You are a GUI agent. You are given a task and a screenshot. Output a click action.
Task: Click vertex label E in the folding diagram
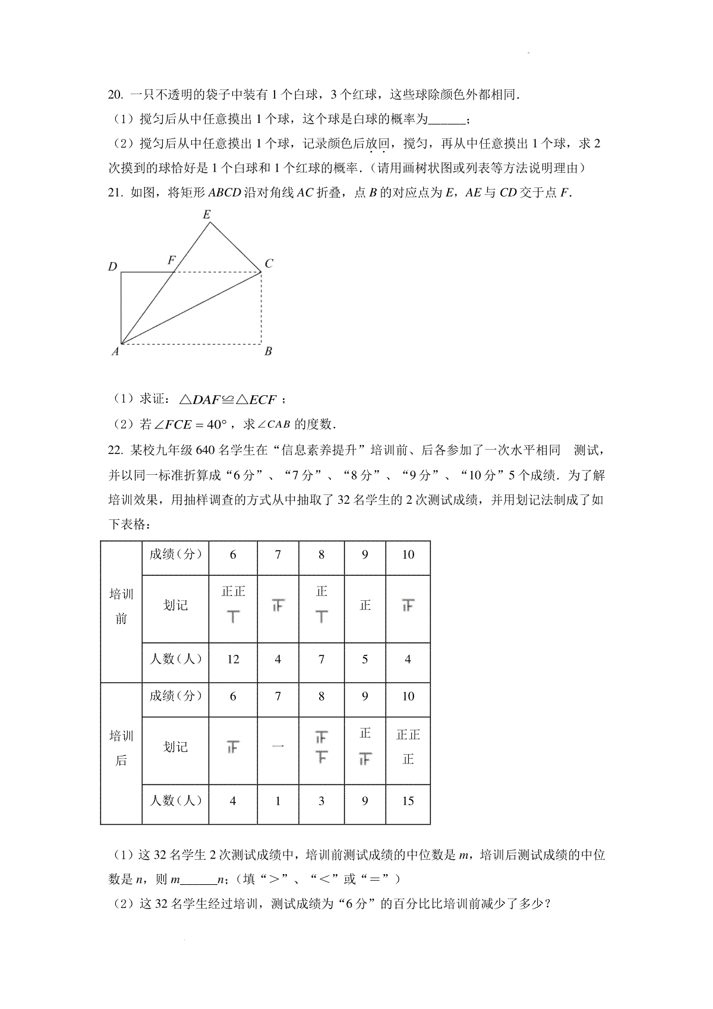pos(207,215)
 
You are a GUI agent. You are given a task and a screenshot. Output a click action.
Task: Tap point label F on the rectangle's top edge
pos(172,260)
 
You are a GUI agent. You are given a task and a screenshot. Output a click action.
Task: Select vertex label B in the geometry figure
pos(268,351)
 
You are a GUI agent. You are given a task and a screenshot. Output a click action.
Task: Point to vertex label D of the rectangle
pos(112,267)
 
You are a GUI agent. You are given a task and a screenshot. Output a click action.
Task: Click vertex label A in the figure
pos(115,352)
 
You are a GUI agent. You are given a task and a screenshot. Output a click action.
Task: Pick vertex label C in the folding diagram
pos(269,263)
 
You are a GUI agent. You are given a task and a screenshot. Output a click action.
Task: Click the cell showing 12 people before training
pos(233,659)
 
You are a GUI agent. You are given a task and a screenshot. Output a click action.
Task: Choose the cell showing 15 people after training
pos(408,800)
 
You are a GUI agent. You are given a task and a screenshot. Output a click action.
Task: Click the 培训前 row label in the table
pos(121,607)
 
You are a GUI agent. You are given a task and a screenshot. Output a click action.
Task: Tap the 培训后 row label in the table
pos(121,748)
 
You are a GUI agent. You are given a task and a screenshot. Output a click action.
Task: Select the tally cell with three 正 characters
pos(408,747)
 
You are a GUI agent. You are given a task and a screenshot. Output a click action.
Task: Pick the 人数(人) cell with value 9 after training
pos(365,800)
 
